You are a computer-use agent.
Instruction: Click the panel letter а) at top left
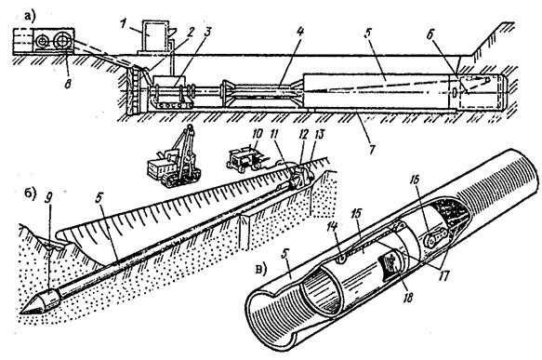[x=30, y=16]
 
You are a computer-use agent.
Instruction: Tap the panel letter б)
[x=29, y=194]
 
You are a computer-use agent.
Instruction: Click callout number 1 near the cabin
[x=123, y=24]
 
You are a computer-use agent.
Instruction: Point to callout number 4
[x=299, y=33]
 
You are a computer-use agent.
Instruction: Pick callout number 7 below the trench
[x=371, y=151]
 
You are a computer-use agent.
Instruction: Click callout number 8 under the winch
[x=68, y=84]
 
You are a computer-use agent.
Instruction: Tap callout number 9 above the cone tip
[x=49, y=197]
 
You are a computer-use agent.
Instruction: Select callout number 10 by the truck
[x=258, y=133]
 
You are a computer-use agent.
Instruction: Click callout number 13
[x=320, y=134]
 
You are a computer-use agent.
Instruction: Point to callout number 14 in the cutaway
[x=333, y=228]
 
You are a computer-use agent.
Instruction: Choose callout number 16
[x=415, y=180]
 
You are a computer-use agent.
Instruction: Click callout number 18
[x=408, y=297]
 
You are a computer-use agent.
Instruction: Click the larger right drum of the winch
[x=62, y=42]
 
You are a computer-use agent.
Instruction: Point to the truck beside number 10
[x=244, y=159]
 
